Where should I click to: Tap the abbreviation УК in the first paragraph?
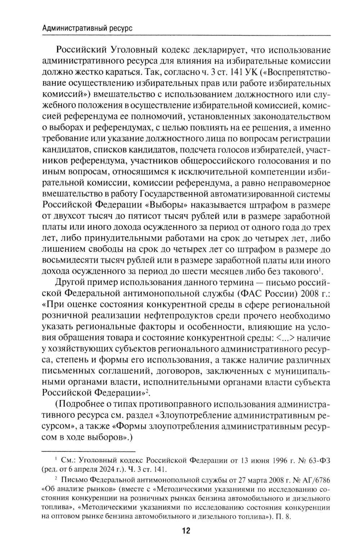click(x=251, y=72)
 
